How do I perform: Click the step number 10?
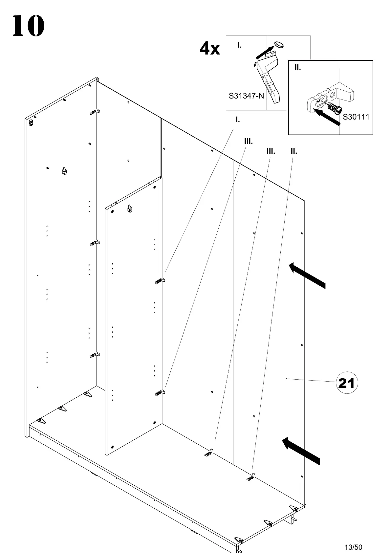point(28,26)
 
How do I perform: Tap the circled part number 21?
point(347,383)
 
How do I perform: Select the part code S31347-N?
point(246,96)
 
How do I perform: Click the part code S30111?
point(356,117)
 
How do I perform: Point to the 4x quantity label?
point(210,49)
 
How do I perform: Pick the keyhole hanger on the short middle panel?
point(130,208)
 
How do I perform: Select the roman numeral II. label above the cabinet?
point(293,151)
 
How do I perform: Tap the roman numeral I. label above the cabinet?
point(237,120)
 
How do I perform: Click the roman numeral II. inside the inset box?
point(297,68)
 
